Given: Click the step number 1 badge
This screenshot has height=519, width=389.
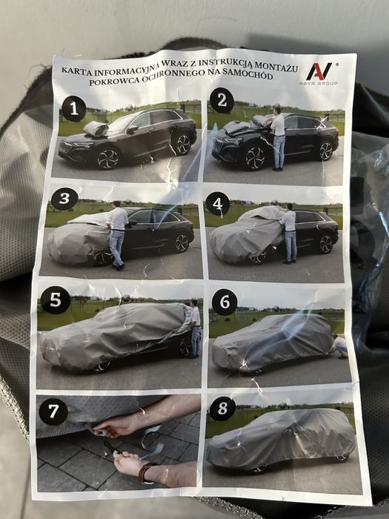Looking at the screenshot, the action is click(x=74, y=108).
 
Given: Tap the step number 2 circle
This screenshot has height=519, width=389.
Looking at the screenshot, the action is click(x=222, y=101).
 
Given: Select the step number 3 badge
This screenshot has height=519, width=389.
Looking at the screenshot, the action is click(x=65, y=198).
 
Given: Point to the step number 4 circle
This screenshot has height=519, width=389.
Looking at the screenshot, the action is click(x=217, y=204).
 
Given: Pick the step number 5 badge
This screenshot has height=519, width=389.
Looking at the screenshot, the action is click(x=56, y=300).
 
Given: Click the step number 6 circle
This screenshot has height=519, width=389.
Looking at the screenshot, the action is click(x=225, y=302).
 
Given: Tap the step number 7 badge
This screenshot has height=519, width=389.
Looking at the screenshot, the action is click(x=53, y=411).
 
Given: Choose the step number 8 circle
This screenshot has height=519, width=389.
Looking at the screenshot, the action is click(x=222, y=409).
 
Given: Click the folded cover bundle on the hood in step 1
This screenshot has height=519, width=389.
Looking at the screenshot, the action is click(x=96, y=128).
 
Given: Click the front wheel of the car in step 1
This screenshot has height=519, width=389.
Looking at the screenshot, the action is click(x=107, y=159).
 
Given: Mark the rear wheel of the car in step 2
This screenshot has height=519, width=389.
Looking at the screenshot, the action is click(x=325, y=151).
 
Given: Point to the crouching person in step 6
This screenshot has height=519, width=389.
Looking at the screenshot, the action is click(x=339, y=346).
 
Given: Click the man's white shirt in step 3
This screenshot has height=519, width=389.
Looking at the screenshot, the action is click(x=118, y=219).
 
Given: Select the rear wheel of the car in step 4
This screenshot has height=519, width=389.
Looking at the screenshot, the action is click(x=326, y=244).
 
